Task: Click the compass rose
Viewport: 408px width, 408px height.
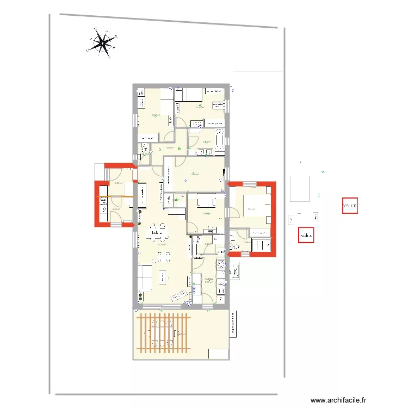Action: (x=101, y=43)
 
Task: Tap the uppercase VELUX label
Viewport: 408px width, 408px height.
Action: (x=350, y=206)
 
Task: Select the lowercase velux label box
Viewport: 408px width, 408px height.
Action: (x=307, y=235)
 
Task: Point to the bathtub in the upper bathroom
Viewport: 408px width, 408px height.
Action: (x=220, y=139)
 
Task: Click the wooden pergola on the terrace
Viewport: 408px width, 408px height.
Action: (x=163, y=332)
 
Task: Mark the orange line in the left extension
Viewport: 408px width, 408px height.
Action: (x=115, y=196)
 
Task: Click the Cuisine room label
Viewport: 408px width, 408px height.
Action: (x=208, y=280)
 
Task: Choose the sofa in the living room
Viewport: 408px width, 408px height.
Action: (x=145, y=277)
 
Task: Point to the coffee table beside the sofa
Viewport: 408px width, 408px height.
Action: (x=163, y=277)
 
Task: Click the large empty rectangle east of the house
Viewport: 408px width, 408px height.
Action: (x=299, y=188)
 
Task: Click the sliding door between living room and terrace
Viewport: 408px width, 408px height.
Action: (x=163, y=307)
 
